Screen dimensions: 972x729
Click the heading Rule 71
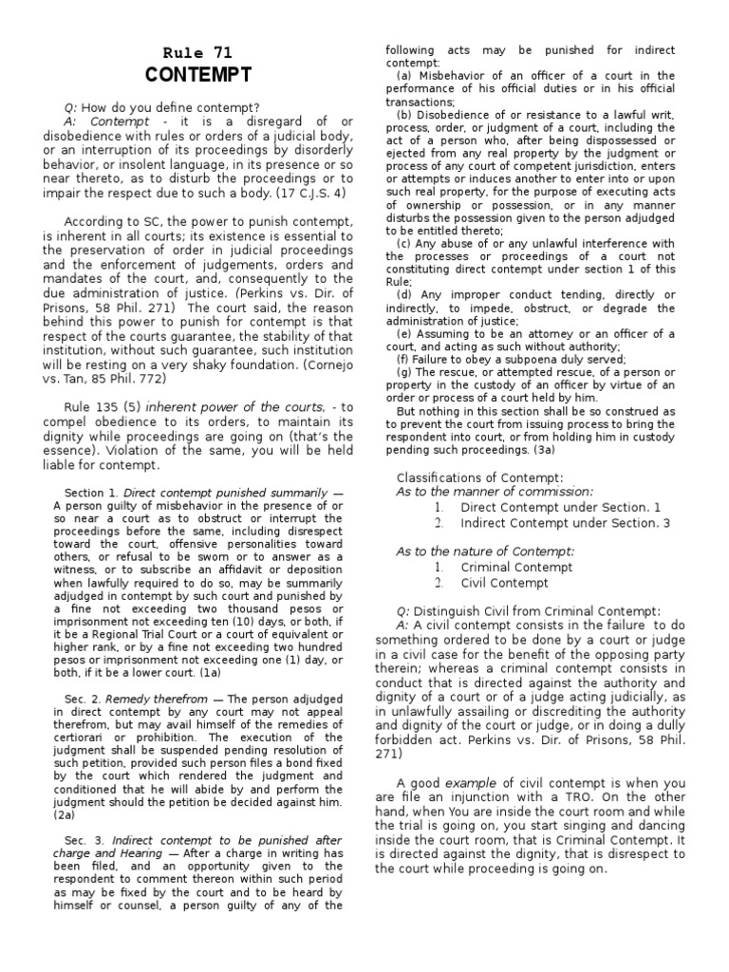(198, 53)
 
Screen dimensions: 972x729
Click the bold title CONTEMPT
(199, 75)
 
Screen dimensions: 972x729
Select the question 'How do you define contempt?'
(171, 107)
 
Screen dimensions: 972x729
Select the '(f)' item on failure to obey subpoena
(402, 360)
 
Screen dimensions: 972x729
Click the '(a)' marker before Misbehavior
(403, 76)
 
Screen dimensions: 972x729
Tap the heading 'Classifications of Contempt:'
(479, 477)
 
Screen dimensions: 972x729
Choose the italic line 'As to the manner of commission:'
(494, 492)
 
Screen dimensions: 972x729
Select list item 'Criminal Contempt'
(516, 567)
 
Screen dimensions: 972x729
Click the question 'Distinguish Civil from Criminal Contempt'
(536, 611)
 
